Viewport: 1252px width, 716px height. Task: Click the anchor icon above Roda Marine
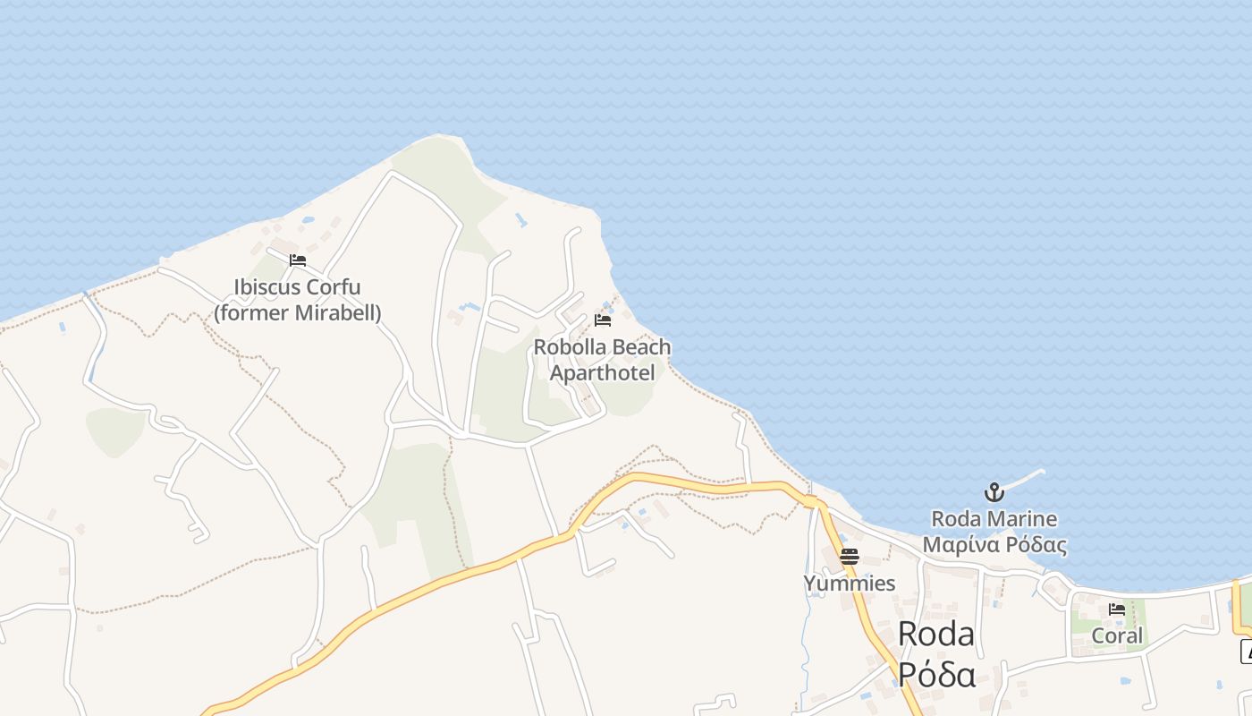994,491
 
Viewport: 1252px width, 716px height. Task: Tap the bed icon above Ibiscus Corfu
298,260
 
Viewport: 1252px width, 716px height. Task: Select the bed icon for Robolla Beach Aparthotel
603,320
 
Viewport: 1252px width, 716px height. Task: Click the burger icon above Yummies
850,557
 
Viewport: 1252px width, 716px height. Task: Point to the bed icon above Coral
1117,609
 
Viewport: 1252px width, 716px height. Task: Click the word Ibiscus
266,287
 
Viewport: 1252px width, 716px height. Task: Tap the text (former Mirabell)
298,313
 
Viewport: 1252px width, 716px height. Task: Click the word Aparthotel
602,373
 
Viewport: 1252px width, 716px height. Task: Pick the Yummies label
850,584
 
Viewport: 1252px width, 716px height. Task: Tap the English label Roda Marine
994,519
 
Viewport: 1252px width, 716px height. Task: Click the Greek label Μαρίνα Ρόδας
994,545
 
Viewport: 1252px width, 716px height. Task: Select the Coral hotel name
1118,635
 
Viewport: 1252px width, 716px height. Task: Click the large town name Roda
935,634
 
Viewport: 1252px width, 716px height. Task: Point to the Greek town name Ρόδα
935,673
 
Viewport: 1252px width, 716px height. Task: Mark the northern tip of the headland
438,136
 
